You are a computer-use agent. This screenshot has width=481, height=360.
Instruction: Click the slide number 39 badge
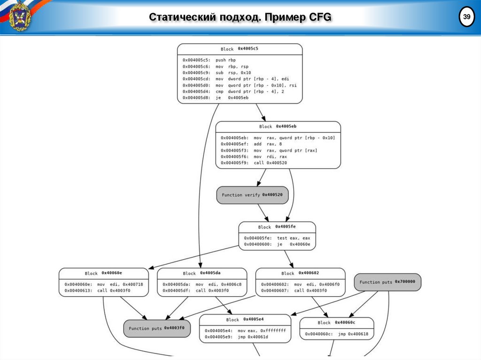point(466,17)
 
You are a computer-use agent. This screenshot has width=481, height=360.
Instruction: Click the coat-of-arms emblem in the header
point(20,17)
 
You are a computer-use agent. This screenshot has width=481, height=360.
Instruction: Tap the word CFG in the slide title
point(320,17)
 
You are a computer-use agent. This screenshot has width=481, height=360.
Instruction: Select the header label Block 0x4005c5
point(240,49)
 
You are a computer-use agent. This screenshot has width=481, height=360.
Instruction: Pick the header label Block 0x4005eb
point(278,126)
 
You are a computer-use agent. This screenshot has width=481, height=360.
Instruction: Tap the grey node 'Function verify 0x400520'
point(252,195)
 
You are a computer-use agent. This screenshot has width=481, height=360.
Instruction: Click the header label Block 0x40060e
point(103,273)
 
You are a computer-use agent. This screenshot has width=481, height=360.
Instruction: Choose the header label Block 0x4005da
point(202,273)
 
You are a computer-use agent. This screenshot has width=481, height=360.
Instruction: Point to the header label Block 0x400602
point(300,273)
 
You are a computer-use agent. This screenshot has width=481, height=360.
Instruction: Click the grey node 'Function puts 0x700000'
point(388,282)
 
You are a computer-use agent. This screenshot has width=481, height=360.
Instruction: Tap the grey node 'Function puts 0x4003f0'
point(157,329)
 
